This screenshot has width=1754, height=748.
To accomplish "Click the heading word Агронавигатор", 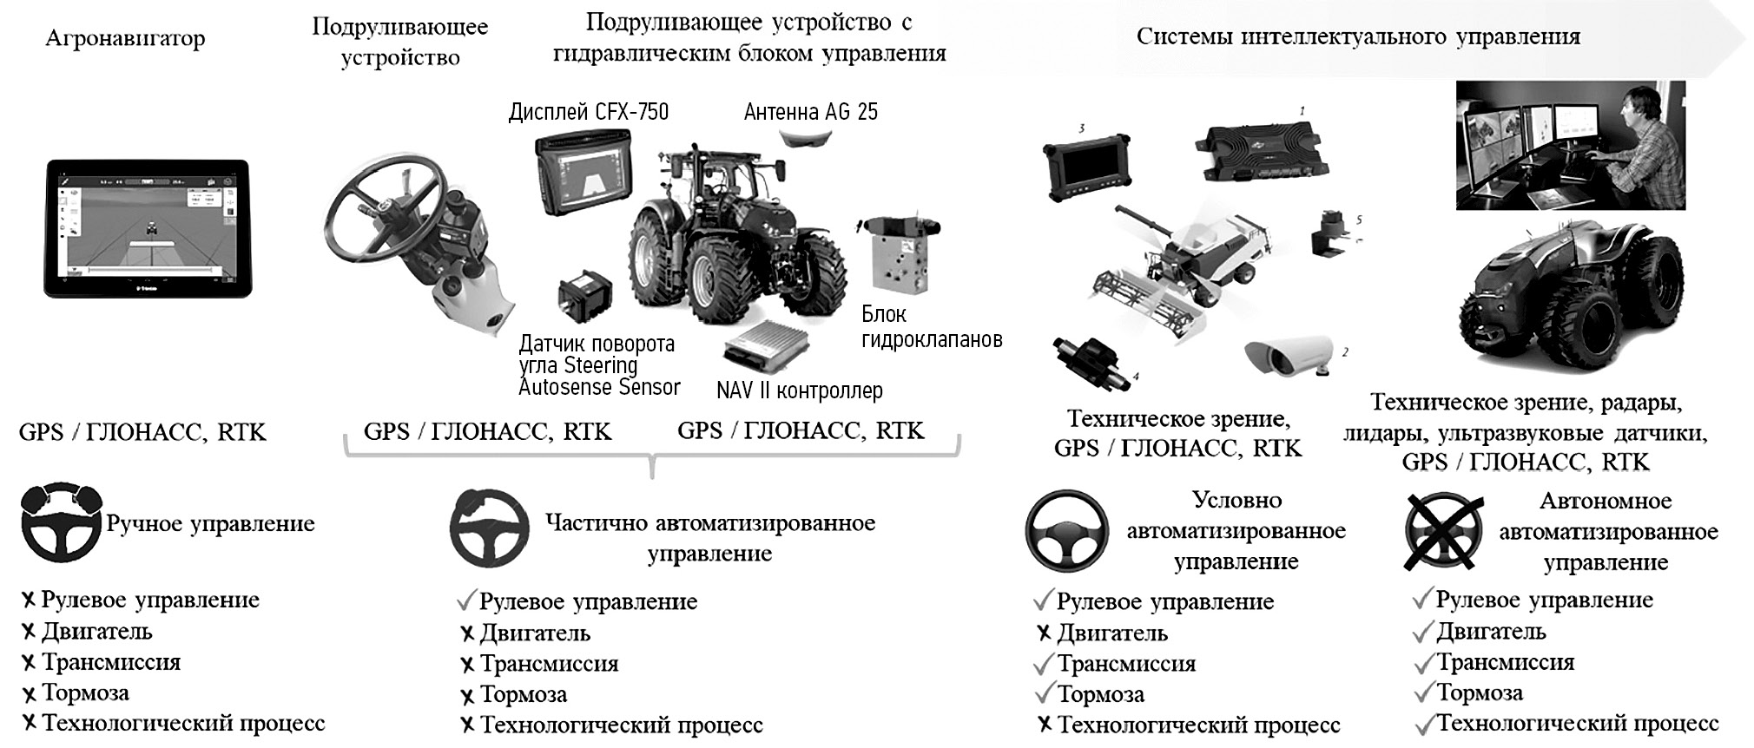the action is (125, 39).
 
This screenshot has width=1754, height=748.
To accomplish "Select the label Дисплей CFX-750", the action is (589, 112).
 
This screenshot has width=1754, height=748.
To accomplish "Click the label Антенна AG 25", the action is (811, 112).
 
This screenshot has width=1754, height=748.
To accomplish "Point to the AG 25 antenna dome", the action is (807, 137).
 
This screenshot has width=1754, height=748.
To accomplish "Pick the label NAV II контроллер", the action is (800, 390).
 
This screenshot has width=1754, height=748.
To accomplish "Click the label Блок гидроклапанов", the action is (932, 326).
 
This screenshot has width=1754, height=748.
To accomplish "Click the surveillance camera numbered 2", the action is (1289, 356).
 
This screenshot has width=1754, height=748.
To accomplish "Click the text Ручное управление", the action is (210, 524).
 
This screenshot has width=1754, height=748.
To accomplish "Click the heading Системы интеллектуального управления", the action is (1358, 37).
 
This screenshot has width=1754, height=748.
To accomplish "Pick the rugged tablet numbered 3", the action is (1085, 169).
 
